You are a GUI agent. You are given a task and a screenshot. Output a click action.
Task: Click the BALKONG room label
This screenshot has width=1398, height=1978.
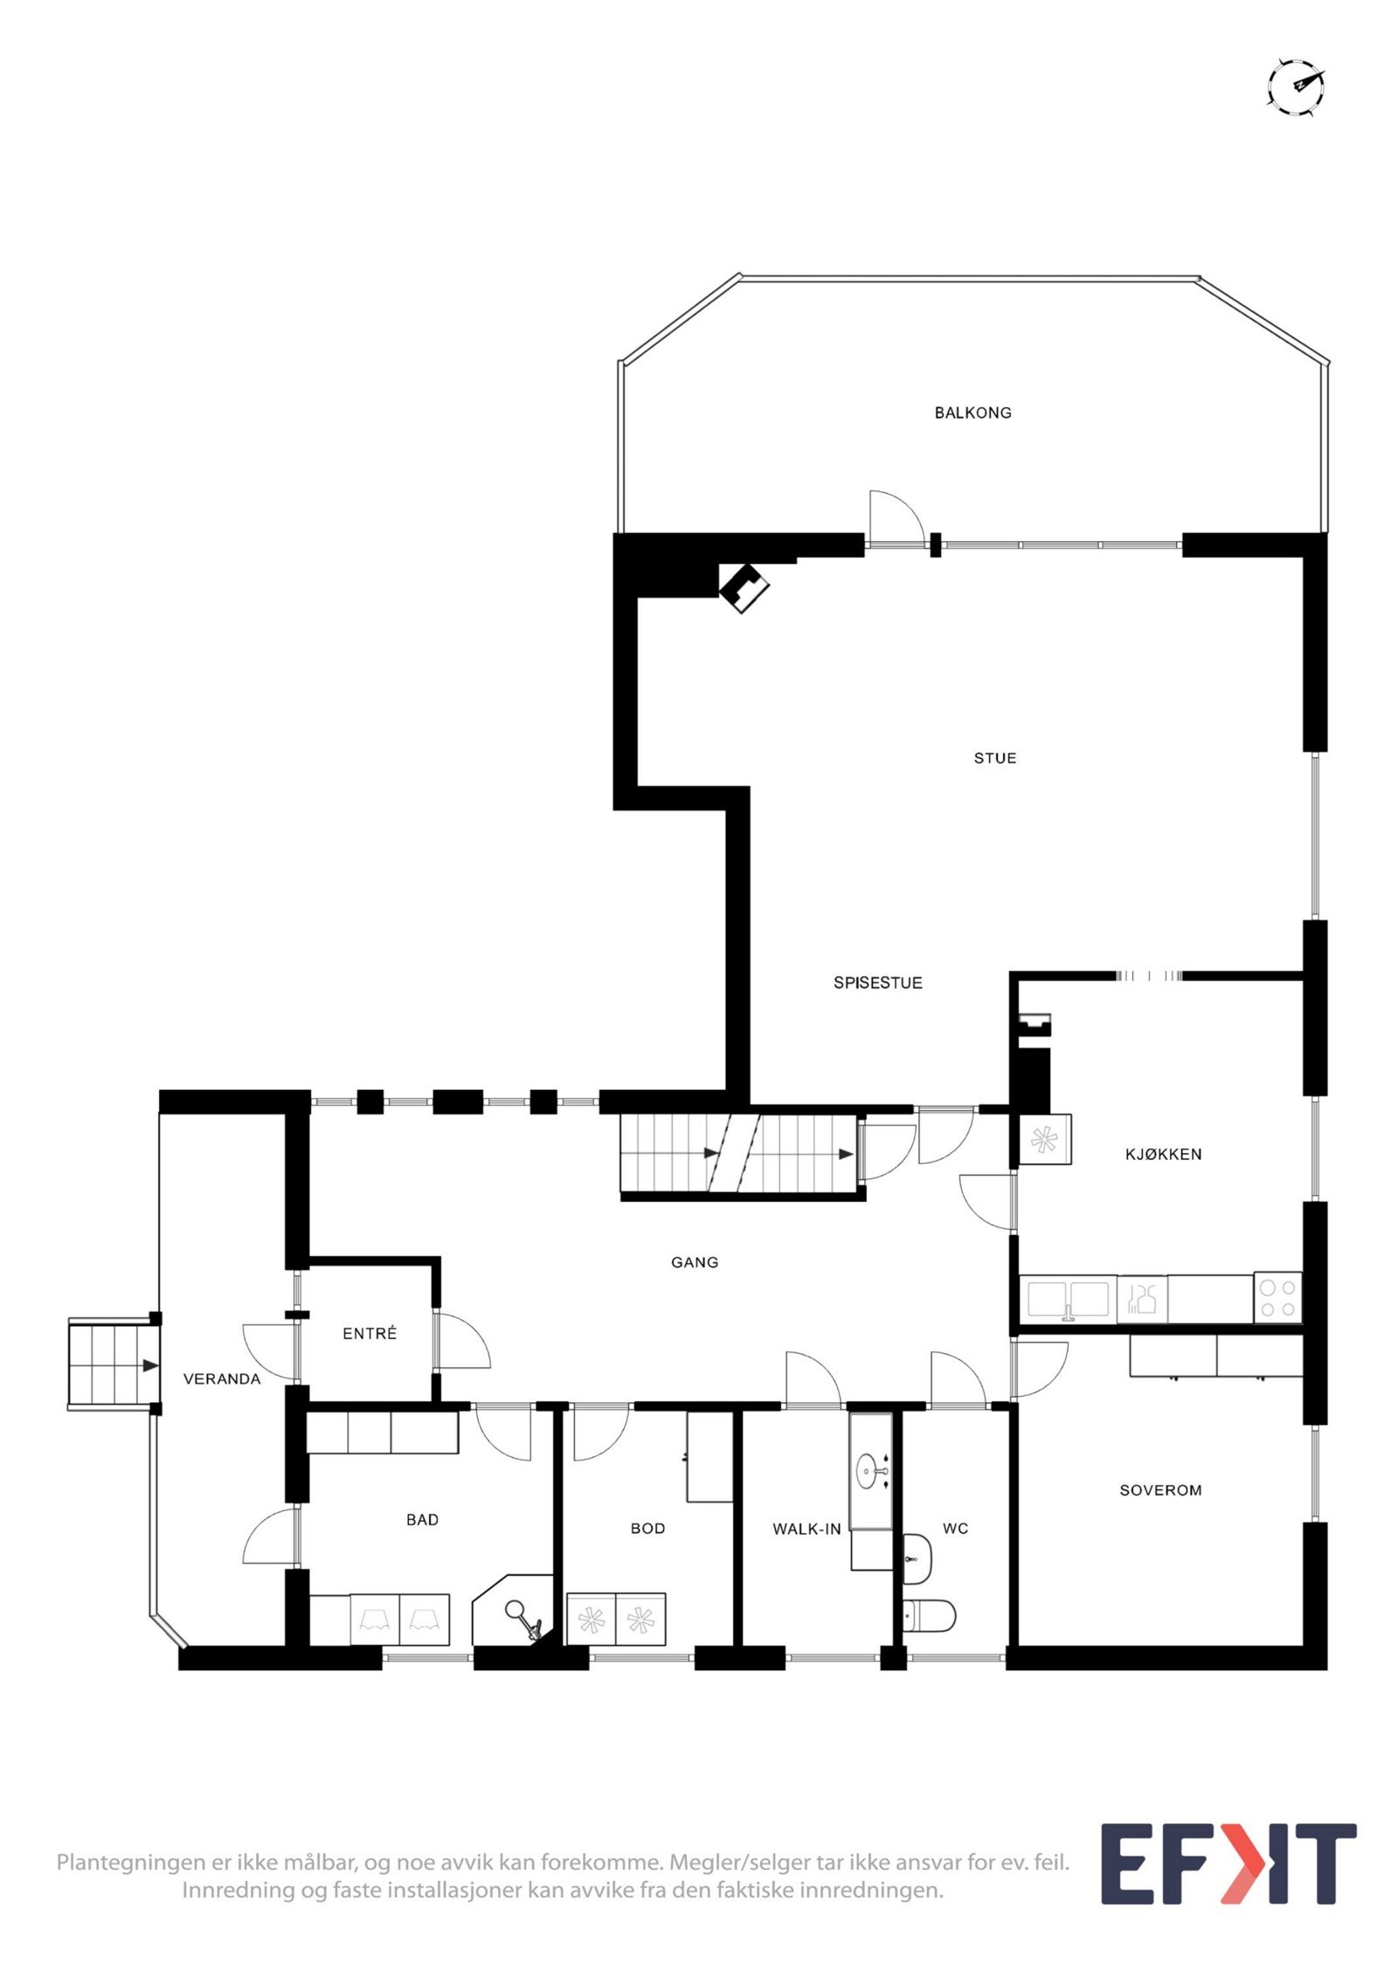pos(972,413)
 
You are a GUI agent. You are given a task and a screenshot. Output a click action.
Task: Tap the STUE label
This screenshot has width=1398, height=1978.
pos(995,758)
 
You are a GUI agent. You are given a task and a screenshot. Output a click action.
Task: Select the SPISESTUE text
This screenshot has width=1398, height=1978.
pos(877,982)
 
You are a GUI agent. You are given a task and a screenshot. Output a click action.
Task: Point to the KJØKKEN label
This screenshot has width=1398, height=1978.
pos(1163,1154)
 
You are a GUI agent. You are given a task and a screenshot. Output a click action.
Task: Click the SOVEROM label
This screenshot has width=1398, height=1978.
pos(1160,1489)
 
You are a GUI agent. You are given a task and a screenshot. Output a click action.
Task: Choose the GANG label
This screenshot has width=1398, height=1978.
pos(695,1262)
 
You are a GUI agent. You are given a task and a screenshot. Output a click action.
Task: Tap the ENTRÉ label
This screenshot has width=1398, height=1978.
pos(370,1333)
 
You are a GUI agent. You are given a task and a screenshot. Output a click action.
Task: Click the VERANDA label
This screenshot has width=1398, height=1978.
pos(222,1378)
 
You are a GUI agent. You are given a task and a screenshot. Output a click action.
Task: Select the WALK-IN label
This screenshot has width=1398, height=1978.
pos(806,1528)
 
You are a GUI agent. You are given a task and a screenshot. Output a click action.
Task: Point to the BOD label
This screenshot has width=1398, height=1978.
pos(647,1528)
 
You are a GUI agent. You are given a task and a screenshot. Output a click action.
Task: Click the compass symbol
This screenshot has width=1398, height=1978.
pos(1295,87)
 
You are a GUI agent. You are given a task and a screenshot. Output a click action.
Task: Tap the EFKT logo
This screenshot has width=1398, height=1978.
pos(1228,1863)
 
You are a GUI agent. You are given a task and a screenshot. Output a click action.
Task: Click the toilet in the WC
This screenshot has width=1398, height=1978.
pos(929,1617)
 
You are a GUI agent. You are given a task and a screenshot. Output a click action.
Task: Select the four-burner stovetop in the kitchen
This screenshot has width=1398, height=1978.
pos(1277,1297)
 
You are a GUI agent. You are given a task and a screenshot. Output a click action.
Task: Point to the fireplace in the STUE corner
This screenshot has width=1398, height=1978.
pos(744,586)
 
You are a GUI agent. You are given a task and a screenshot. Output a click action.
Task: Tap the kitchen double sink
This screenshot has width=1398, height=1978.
pos(1068,1299)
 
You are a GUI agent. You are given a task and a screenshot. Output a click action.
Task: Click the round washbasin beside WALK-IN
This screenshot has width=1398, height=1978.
pos(871,1468)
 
